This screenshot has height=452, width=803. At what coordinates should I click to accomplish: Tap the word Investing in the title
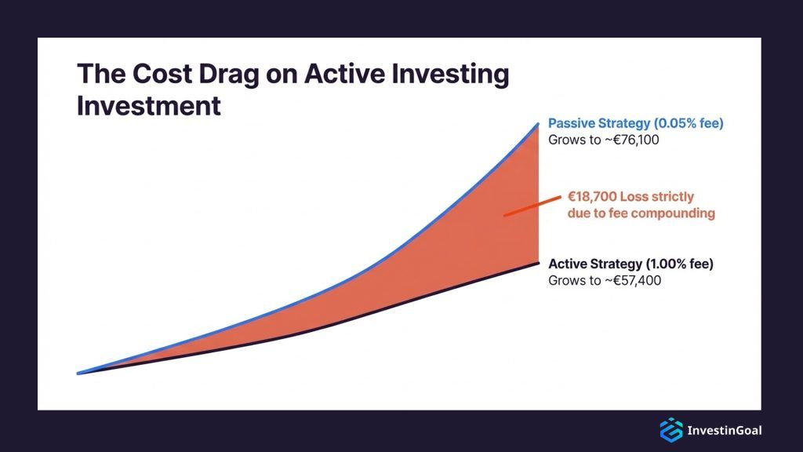tap(452, 75)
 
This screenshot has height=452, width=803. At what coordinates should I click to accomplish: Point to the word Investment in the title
tap(149, 106)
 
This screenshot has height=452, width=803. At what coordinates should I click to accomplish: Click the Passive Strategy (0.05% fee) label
tap(635, 124)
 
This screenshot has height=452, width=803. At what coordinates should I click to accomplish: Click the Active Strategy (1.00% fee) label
tap(630, 264)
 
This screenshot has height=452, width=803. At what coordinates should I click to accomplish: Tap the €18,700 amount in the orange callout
tap(595, 197)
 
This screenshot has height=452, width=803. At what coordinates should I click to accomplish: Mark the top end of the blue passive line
tap(538, 123)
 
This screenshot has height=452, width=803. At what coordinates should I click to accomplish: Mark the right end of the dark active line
tap(538, 262)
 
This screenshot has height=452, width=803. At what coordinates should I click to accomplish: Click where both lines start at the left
tap(78, 374)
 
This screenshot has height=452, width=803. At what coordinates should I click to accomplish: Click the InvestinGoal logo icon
tap(671, 430)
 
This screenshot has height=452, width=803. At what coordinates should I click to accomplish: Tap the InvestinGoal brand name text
tap(724, 430)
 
